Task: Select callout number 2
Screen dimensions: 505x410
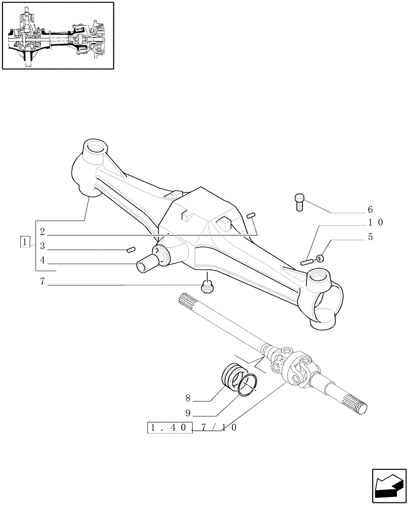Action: pyautogui.click(x=42, y=232)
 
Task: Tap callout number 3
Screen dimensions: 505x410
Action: pyautogui.click(x=42, y=246)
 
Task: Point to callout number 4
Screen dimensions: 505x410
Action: pyautogui.click(x=42, y=261)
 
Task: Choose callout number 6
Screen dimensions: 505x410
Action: pyautogui.click(x=370, y=209)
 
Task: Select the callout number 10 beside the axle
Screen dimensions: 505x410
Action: pyautogui.click(x=375, y=222)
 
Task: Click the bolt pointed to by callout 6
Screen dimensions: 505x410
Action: pyautogui.click(x=298, y=203)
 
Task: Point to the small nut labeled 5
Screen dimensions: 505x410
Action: pyautogui.click(x=320, y=259)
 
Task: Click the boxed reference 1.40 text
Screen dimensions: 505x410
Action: pyautogui.click(x=169, y=427)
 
